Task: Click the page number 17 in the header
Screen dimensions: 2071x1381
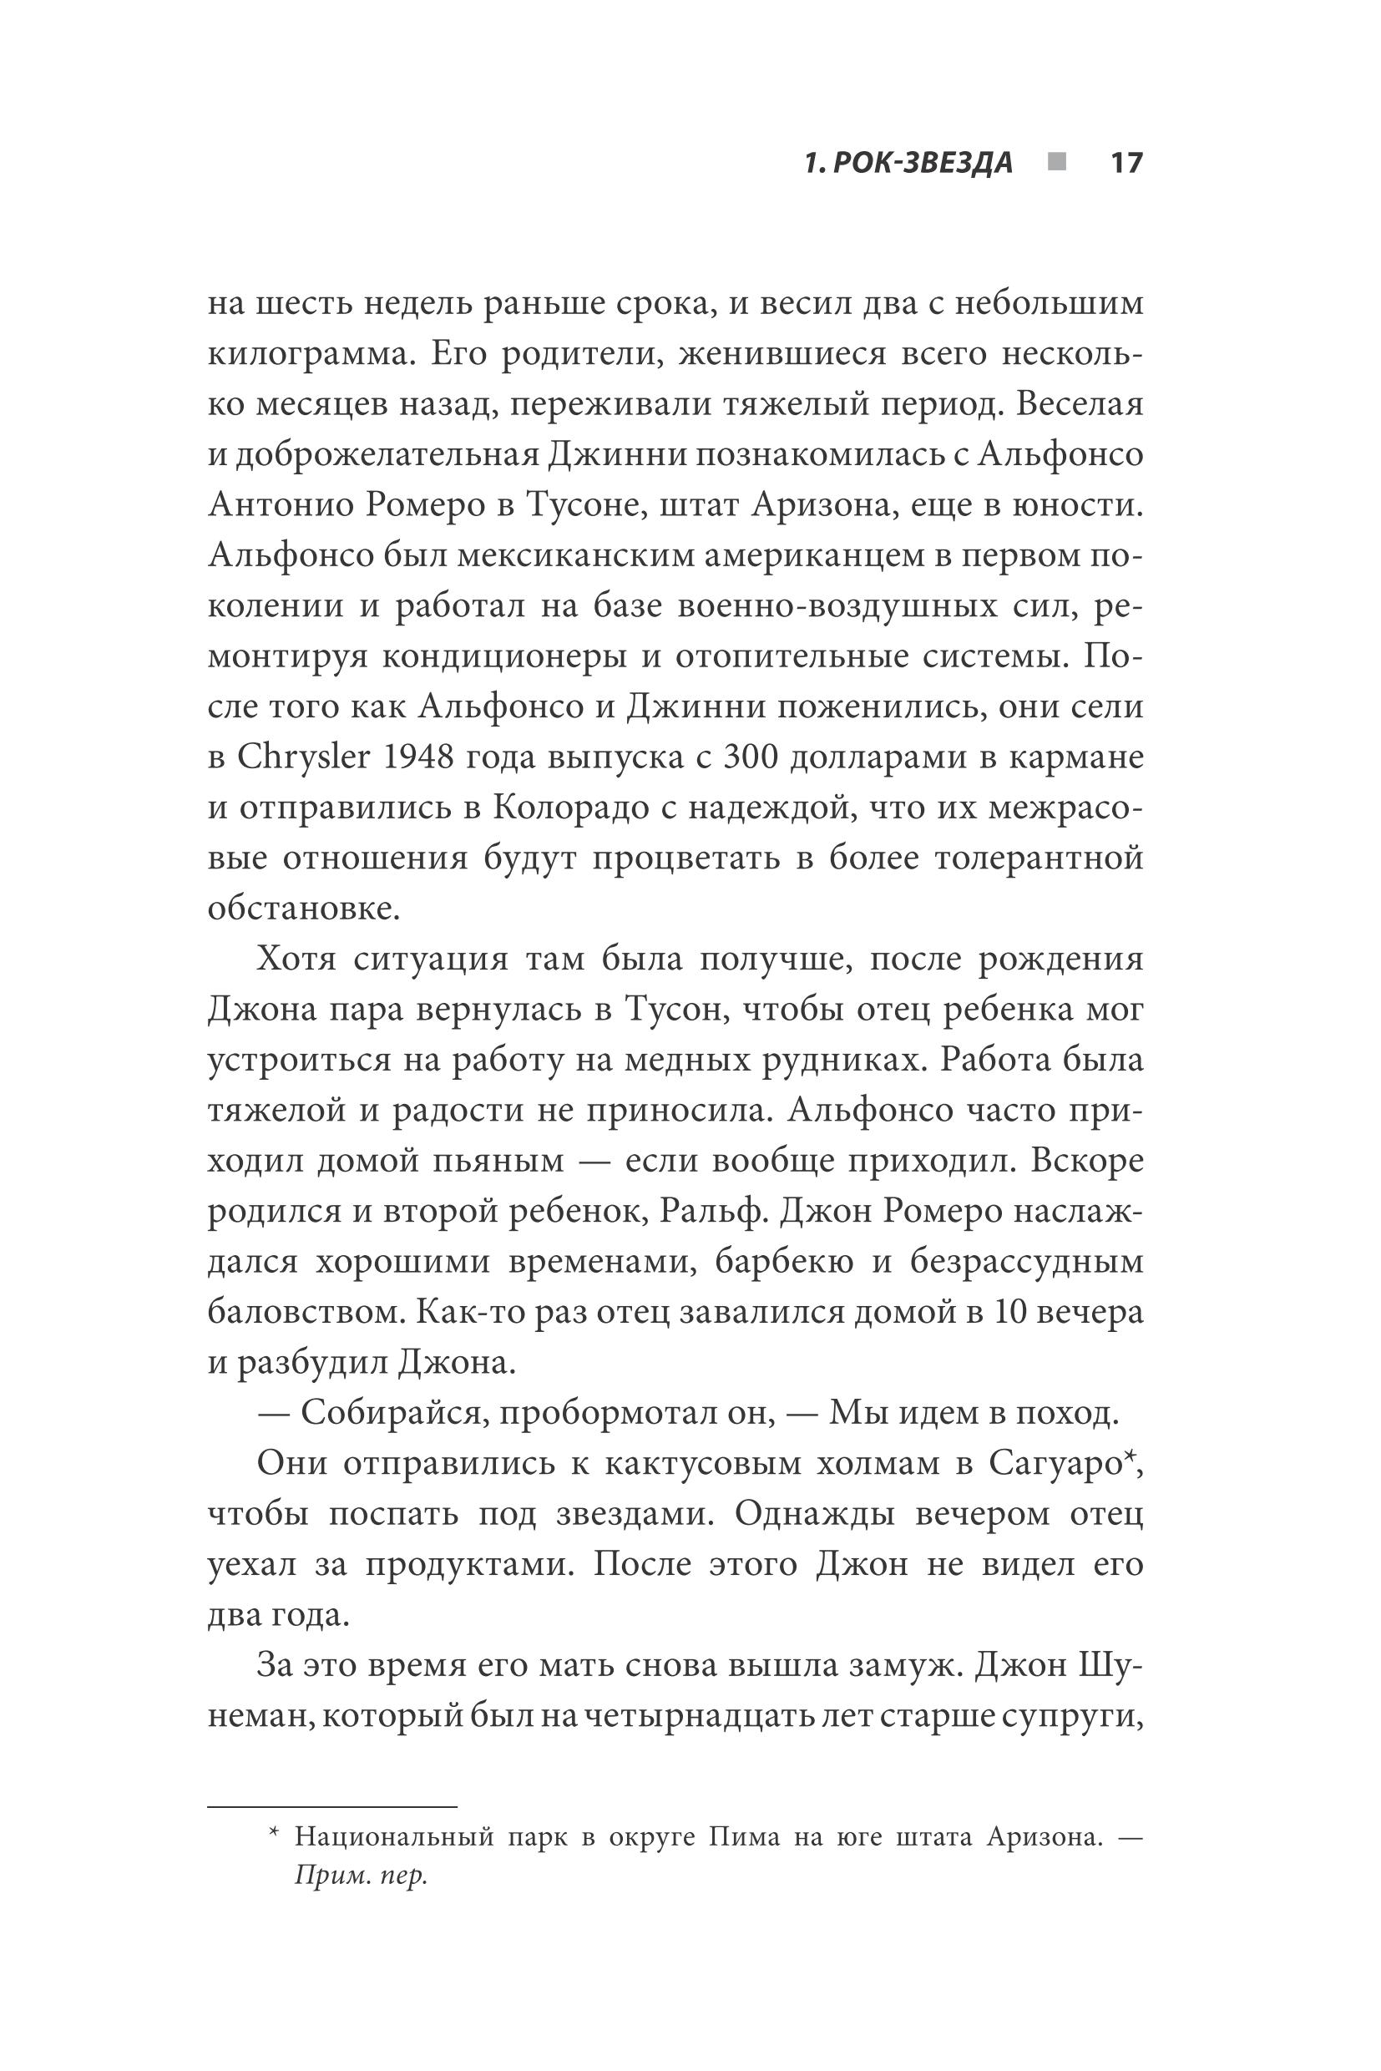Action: [1126, 163]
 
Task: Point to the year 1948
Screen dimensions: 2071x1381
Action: [427, 757]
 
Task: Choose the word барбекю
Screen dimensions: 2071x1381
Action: [784, 1263]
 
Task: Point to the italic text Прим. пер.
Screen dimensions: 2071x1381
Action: [360, 1876]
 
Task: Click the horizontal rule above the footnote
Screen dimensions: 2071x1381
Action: [332, 1808]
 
